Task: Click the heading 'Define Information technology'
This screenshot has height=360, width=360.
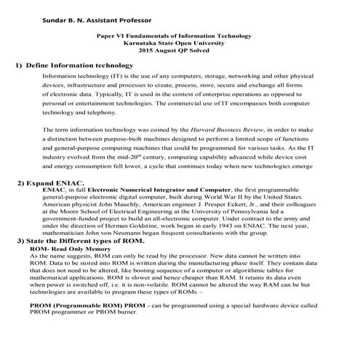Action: pos(87,65)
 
